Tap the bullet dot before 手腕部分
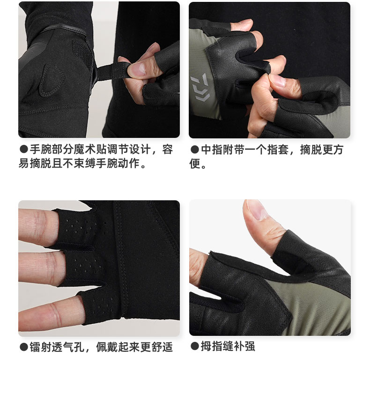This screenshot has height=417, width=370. pos(24,149)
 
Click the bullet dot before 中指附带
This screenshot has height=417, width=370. pos(195,150)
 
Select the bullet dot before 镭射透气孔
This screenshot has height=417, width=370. pos(24,347)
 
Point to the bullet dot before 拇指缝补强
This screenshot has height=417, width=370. pos(195,346)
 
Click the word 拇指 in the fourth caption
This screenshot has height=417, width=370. pos(211,346)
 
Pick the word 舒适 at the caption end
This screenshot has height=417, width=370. pos(163,347)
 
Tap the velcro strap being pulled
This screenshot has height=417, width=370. pos(112,72)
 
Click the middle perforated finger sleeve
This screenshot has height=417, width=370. pos(82,267)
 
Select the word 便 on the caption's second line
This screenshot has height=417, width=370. pos(195,164)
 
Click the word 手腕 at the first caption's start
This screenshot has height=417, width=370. pos(40,149)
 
